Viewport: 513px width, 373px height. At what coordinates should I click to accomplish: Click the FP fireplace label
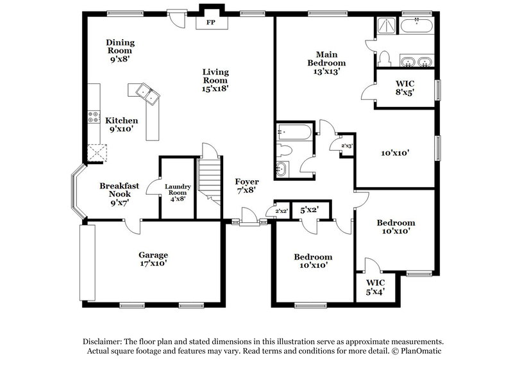click(x=210, y=23)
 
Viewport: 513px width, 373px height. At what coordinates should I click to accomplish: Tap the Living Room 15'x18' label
click(x=215, y=81)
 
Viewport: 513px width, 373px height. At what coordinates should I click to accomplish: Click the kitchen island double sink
click(x=149, y=95)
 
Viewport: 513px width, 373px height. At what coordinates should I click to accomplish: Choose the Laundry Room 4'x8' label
click(x=177, y=193)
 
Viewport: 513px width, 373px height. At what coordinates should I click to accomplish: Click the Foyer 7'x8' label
click(x=246, y=186)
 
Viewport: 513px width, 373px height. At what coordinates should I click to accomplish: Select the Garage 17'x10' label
click(x=153, y=259)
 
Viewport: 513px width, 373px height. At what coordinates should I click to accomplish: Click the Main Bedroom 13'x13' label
click(x=327, y=63)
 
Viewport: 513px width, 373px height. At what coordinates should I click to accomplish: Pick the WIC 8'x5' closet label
click(x=405, y=87)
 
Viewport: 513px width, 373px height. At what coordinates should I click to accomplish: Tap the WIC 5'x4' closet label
click(x=376, y=286)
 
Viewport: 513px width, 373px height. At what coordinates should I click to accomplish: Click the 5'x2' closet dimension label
click(x=309, y=210)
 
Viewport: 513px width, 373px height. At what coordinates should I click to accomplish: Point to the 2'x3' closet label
click(x=347, y=146)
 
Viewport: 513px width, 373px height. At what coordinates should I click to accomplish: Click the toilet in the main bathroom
click(x=385, y=58)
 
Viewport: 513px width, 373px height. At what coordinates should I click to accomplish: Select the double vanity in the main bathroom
click(x=417, y=62)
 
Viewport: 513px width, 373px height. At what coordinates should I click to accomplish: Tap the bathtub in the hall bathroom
click(x=294, y=133)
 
